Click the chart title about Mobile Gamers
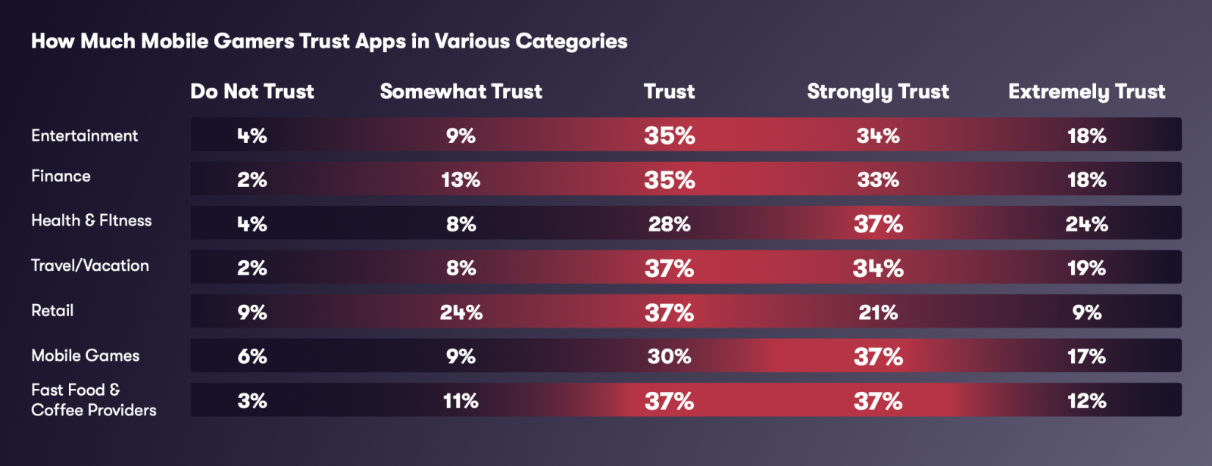point(329,41)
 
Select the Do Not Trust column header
point(251,92)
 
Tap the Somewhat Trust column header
point(461,92)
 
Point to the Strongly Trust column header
point(877,92)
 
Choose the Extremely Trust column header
point(1086,92)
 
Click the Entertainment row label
point(84,135)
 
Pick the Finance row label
point(61,176)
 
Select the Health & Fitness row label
point(91,220)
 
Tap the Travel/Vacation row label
point(89,266)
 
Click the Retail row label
point(52,310)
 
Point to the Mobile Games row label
point(85,356)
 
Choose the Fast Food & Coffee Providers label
point(93,400)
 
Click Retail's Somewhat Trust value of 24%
point(461,312)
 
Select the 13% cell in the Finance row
point(461,180)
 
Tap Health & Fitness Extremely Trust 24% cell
point(1086,224)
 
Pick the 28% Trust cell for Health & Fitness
point(669,224)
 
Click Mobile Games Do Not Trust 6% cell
point(251,356)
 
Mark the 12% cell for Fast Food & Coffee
point(1086,401)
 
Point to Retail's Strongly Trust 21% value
point(877,312)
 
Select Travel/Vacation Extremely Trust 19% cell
point(1086,269)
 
